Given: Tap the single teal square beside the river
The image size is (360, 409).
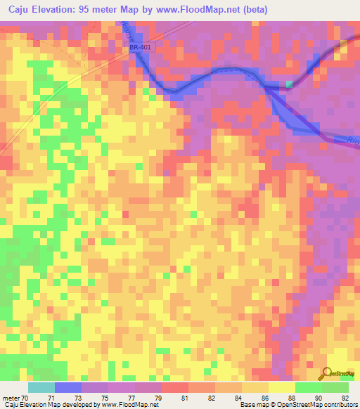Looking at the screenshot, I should (289, 85).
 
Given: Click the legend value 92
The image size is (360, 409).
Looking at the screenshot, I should (335, 398).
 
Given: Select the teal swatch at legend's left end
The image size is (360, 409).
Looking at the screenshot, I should (41, 387).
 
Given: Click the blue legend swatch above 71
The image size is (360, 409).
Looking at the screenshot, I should (68, 387).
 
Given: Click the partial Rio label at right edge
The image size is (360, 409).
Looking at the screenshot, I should (353, 140).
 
